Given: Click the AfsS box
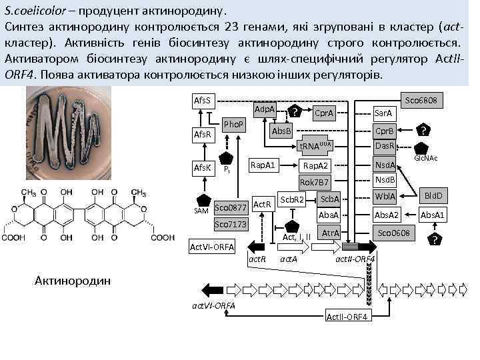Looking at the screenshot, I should [x=201, y=101].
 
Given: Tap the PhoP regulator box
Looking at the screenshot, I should [x=233, y=125].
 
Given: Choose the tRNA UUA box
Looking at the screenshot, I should [x=314, y=146].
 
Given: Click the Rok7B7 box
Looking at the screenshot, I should [x=314, y=182].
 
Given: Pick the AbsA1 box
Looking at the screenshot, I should [x=433, y=215].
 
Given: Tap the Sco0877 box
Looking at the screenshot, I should [x=231, y=207].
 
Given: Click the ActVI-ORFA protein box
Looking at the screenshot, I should [x=213, y=246].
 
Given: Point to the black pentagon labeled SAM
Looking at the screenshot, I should [x=202, y=200].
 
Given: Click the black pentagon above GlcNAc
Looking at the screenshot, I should [x=421, y=148].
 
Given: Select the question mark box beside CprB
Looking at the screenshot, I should [x=422, y=131].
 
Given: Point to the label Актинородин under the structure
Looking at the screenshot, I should [x=68, y=281].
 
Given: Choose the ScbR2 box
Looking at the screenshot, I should [x=291, y=200].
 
